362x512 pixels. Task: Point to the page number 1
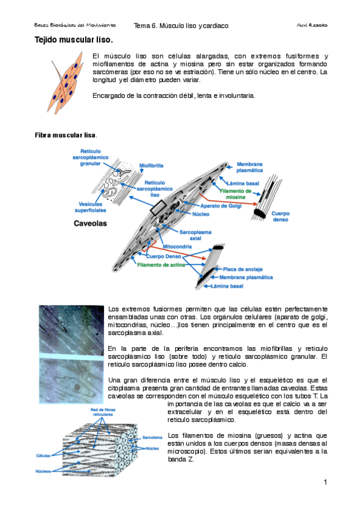(x=325, y=482)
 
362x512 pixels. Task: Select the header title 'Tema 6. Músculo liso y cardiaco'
(x=181, y=26)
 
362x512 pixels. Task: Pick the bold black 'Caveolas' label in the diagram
(x=90, y=223)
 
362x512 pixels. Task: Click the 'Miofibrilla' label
(x=152, y=164)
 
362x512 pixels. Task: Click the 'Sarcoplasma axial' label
(x=194, y=235)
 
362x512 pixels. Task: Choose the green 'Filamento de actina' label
(x=161, y=264)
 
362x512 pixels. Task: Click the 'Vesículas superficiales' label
(x=92, y=207)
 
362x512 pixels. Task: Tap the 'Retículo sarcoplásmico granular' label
(x=90, y=156)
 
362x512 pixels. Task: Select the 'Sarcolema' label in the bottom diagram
(x=152, y=436)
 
